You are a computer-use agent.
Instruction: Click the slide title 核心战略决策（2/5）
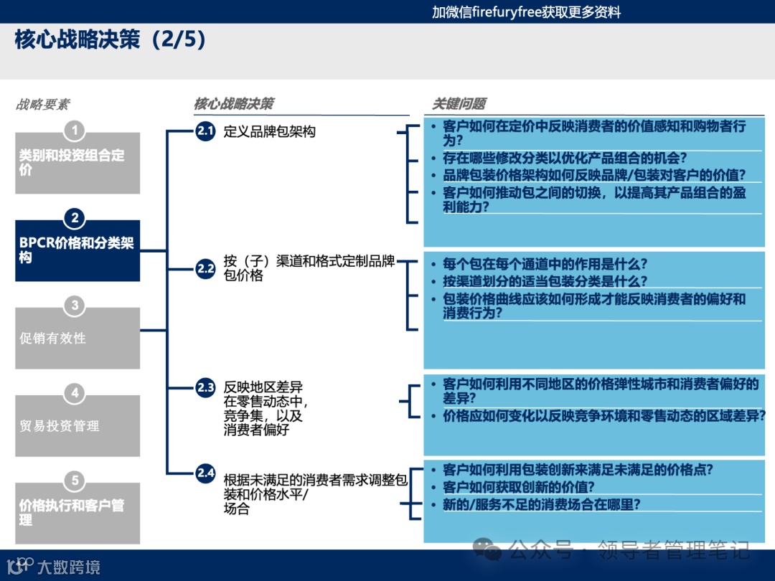(x=111, y=40)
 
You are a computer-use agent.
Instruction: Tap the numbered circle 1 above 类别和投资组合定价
(x=75, y=131)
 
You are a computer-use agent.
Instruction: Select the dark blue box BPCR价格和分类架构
(x=77, y=250)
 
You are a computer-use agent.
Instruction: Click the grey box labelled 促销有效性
(x=77, y=339)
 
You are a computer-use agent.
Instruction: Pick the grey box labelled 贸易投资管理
(x=77, y=426)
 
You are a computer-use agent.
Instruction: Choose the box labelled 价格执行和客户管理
(x=77, y=512)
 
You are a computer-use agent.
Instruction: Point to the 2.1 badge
(x=206, y=131)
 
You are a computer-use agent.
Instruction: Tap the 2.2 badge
(x=206, y=269)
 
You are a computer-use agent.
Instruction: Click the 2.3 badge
(x=206, y=388)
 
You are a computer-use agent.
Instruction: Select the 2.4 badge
(x=206, y=473)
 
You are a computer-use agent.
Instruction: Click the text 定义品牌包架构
(x=269, y=132)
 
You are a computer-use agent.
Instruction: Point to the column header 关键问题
(x=459, y=104)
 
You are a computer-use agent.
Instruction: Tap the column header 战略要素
(x=43, y=105)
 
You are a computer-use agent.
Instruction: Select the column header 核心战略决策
(x=233, y=104)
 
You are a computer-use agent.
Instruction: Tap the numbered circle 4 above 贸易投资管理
(x=75, y=393)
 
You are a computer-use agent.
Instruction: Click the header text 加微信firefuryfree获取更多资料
(x=526, y=12)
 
